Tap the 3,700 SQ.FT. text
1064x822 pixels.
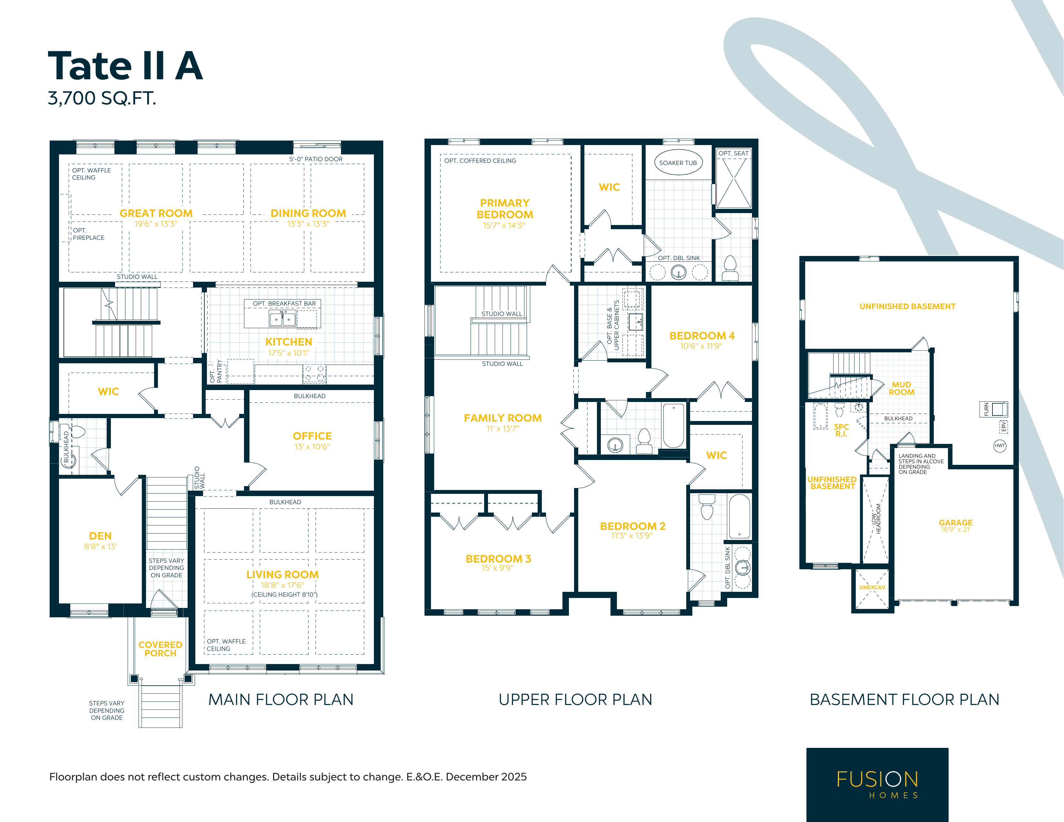coord(102,98)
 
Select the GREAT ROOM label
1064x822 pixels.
coord(156,213)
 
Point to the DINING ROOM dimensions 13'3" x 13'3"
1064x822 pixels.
coord(308,224)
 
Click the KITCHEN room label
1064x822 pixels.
coord(288,342)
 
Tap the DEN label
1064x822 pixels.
coord(100,536)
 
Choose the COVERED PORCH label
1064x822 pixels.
coord(160,649)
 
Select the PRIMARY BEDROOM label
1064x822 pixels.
coord(505,209)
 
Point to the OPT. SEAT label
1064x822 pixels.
coord(733,153)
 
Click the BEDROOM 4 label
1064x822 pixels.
coord(701,336)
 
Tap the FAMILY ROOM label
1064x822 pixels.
coord(503,418)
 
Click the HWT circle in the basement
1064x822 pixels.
coord(1000,445)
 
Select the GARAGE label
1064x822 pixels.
coord(955,522)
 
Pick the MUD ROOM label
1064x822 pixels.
coord(901,388)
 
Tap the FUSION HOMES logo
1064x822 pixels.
coord(877,785)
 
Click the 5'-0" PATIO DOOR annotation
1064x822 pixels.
coord(316,159)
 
